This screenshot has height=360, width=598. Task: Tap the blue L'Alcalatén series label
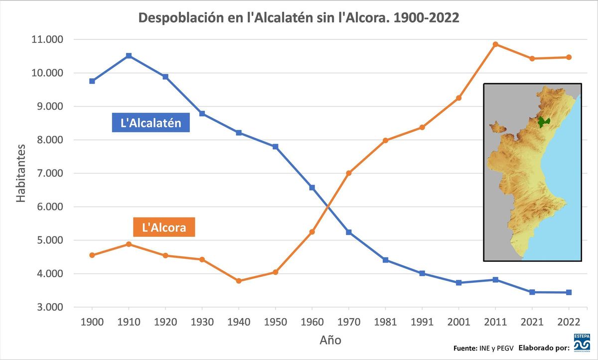[151, 123]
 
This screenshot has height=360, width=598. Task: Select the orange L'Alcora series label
[164, 228]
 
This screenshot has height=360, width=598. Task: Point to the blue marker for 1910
[129, 56]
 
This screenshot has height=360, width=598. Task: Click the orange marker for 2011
[495, 44]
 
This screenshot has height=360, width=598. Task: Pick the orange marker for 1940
[239, 281]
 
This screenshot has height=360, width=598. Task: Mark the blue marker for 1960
[312, 187]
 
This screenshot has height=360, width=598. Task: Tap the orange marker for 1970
[349, 173]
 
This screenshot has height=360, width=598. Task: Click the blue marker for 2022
[569, 292]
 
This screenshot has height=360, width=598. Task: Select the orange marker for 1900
[92, 255]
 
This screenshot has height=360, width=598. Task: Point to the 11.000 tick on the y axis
[47, 39]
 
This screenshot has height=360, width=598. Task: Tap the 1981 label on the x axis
[385, 322]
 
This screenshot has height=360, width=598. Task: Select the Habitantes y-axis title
[21, 174]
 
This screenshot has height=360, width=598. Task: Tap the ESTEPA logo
[582, 343]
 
